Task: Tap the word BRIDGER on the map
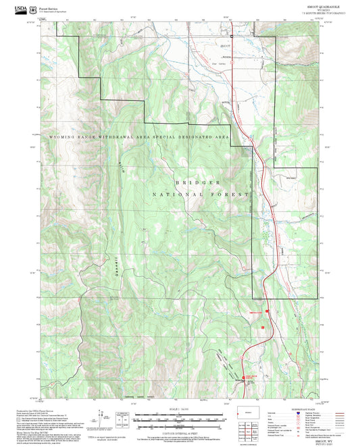pyautogui.click(x=198, y=182)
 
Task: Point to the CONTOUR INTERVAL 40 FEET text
pyautogui.click(x=179, y=427)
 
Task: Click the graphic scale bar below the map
pyautogui.click(x=179, y=416)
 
